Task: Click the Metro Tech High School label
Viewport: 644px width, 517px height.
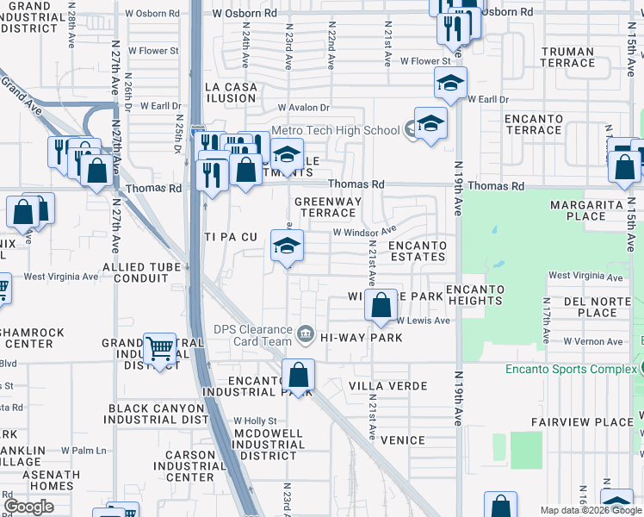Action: coord(335,130)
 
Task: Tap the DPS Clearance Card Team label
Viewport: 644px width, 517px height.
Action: coord(254,334)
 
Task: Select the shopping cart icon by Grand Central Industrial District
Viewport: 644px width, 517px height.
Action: coord(159,349)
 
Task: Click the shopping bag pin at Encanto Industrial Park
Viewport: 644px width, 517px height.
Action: coord(298,376)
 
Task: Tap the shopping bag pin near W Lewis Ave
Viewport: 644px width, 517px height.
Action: coord(380,305)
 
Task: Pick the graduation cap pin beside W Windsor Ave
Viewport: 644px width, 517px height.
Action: coord(287,246)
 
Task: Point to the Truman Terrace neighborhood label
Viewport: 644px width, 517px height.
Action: coord(567,57)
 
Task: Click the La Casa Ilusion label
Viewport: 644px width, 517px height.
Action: coord(231,92)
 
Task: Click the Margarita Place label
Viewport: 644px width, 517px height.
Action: coord(591,210)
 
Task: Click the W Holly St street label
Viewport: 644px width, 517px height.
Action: coord(255,420)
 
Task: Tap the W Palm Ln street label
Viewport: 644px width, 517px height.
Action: coord(83,450)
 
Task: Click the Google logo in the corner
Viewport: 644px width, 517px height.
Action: coord(28,507)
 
